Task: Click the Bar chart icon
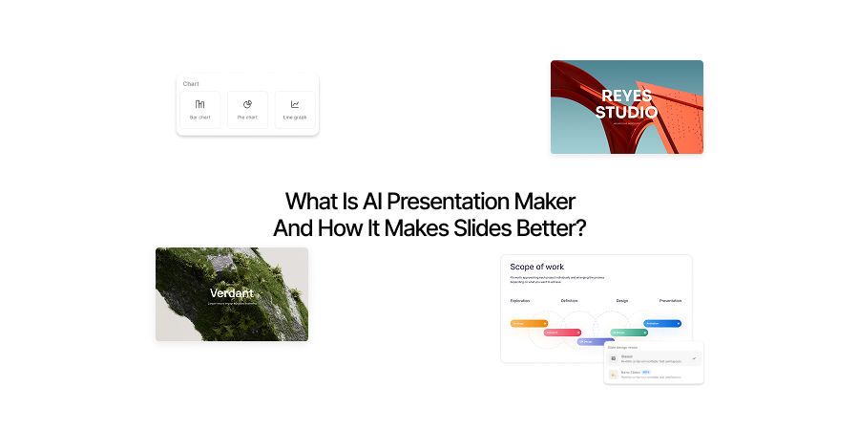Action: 199,104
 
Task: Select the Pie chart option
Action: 247,104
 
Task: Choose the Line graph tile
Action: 295,104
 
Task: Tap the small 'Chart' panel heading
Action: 191,84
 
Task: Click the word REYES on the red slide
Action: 626,95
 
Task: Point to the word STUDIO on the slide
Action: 626,112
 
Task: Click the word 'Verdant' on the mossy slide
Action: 231,292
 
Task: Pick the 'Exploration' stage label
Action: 520,301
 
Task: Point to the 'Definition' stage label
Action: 570,301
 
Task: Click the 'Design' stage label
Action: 622,301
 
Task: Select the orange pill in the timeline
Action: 529,324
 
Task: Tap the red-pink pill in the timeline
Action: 562,333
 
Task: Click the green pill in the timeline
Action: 629,333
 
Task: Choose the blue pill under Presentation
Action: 662,324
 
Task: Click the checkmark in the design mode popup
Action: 694,357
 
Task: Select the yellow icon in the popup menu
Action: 613,374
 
